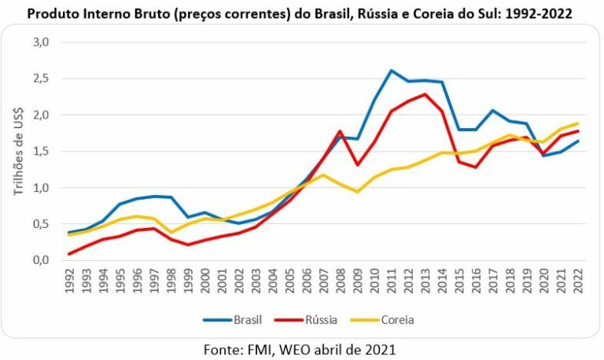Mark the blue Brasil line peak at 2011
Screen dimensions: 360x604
(x=392, y=71)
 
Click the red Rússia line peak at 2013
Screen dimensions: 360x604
(x=425, y=94)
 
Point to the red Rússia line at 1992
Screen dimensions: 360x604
(x=71, y=254)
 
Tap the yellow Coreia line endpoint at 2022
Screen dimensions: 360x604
(x=577, y=123)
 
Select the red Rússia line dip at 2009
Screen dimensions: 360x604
(x=358, y=165)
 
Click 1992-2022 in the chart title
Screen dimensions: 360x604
(x=542, y=13)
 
